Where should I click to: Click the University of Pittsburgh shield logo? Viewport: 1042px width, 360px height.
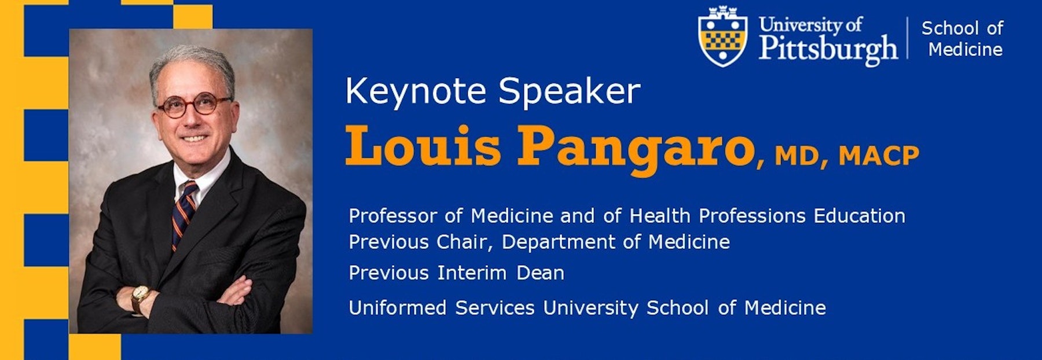[722, 37]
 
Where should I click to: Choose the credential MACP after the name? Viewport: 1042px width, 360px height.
[879, 156]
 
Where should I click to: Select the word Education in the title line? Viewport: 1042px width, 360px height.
[860, 216]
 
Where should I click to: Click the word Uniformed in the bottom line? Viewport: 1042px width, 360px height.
[398, 307]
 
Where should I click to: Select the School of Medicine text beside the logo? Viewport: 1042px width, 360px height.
[962, 38]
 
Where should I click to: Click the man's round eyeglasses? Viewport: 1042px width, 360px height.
[195, 105]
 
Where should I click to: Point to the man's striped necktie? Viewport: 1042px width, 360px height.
[184, 214]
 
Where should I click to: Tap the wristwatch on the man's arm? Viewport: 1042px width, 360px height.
[139, 298]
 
